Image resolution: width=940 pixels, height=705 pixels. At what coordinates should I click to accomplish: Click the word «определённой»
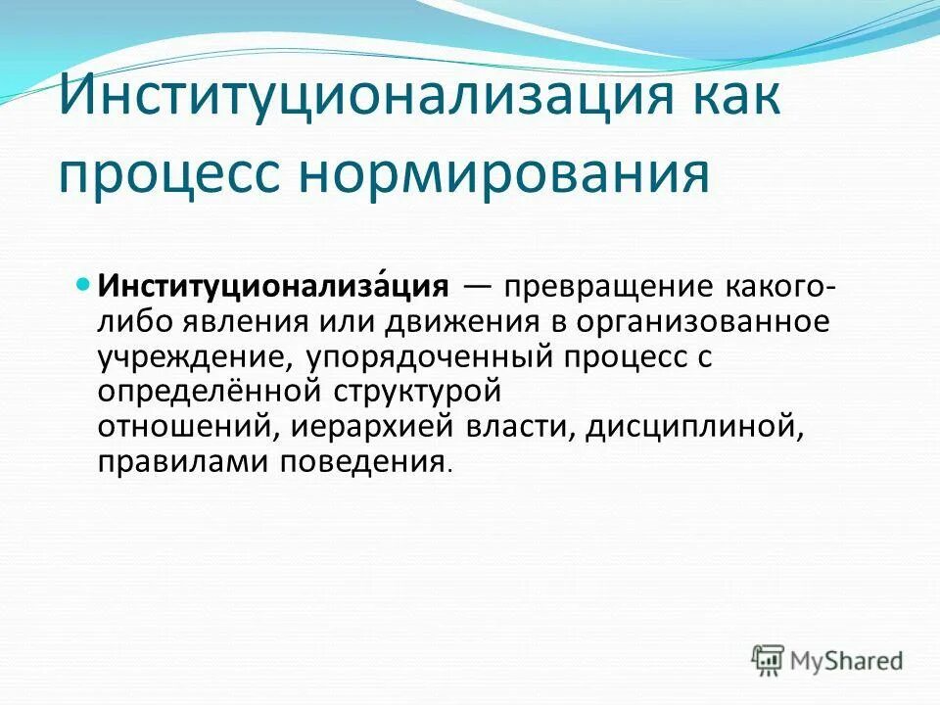point(214,392)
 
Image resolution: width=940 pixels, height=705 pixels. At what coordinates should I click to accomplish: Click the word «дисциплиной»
point(695,427)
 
